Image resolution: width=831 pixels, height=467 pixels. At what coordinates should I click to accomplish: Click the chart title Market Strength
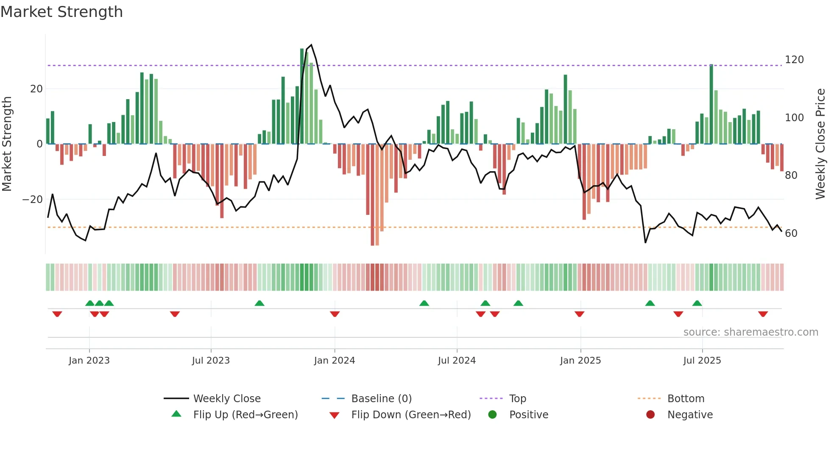coord(61,12)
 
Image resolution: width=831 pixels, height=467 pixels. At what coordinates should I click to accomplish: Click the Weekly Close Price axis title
coord(821,144)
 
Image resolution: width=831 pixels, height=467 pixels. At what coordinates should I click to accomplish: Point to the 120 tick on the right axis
coord(794,60)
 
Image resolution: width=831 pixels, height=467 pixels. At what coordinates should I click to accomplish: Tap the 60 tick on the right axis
coord(791,233)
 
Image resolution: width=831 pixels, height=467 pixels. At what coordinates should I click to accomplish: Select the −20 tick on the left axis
coord(33,200)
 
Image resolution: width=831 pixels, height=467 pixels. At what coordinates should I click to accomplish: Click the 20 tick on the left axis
coord(36,89)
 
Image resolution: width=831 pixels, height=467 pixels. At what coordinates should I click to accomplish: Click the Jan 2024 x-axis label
coord(335,361)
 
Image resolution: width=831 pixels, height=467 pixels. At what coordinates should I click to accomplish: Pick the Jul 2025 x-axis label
coord(702,361)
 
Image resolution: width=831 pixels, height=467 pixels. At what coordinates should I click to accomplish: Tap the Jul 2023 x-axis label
coord(211,361)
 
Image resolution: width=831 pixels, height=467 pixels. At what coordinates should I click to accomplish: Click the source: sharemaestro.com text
coord(750,332)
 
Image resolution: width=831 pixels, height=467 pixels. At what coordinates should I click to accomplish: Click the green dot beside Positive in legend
coord(492,415)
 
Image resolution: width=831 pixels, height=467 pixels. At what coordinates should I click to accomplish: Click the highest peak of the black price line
coord(312,45)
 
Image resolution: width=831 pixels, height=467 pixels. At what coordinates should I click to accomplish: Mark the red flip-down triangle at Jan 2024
coord(335,314)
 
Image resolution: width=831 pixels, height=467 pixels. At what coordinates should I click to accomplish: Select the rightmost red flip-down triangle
coord(763,314)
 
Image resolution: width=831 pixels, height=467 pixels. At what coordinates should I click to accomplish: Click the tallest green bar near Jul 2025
coord(711,104)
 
